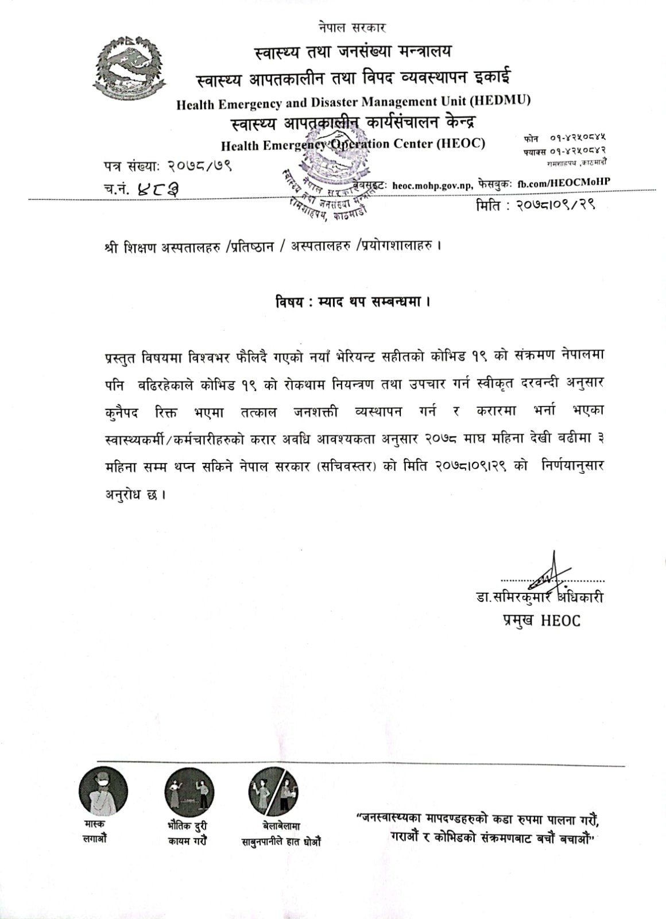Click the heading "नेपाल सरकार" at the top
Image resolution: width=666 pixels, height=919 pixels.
[x=352, y=27]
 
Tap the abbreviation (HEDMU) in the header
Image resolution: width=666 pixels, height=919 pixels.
[x=500, y=101]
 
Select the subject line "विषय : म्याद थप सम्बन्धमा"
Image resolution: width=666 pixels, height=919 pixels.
[x=353, y=301]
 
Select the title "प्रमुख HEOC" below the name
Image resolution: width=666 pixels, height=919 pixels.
[x=540, y=620]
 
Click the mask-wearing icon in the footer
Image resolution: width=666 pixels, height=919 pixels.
[x=103, y=792]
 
